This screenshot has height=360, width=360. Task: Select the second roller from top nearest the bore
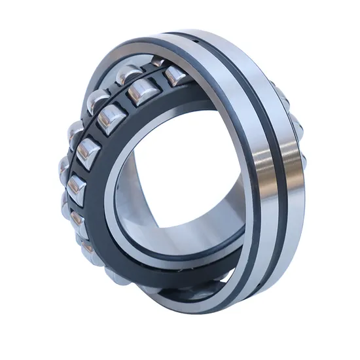pyautogui.click(x=139, y=93)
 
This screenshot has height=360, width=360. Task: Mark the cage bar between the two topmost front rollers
pyautogui.click(x=157, y=85)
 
